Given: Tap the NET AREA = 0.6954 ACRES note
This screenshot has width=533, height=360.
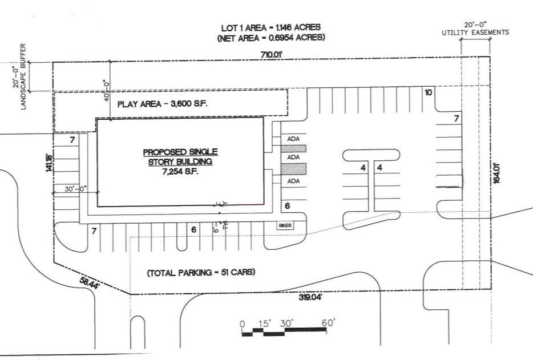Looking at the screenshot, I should pyautogui.click(x=270, y=38).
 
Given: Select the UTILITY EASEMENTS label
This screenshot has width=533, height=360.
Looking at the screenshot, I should pyautogui.click(x=475, y=33).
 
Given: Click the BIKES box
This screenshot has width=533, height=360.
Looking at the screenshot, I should pyautogui.click(x=285, y=225).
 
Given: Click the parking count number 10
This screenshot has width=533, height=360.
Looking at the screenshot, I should pyautogui.click(x=429, y=92).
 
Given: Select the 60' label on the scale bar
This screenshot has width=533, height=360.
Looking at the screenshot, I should pyautogui.click(x=328, y=323).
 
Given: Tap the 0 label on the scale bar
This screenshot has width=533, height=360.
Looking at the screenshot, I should pyautogui.click(x=242, y=324).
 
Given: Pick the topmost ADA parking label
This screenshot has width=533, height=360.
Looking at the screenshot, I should pyautogui.click(x=293, y=139).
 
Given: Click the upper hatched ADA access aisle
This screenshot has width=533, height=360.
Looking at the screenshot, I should pyautogui.click(x=293, y=148).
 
